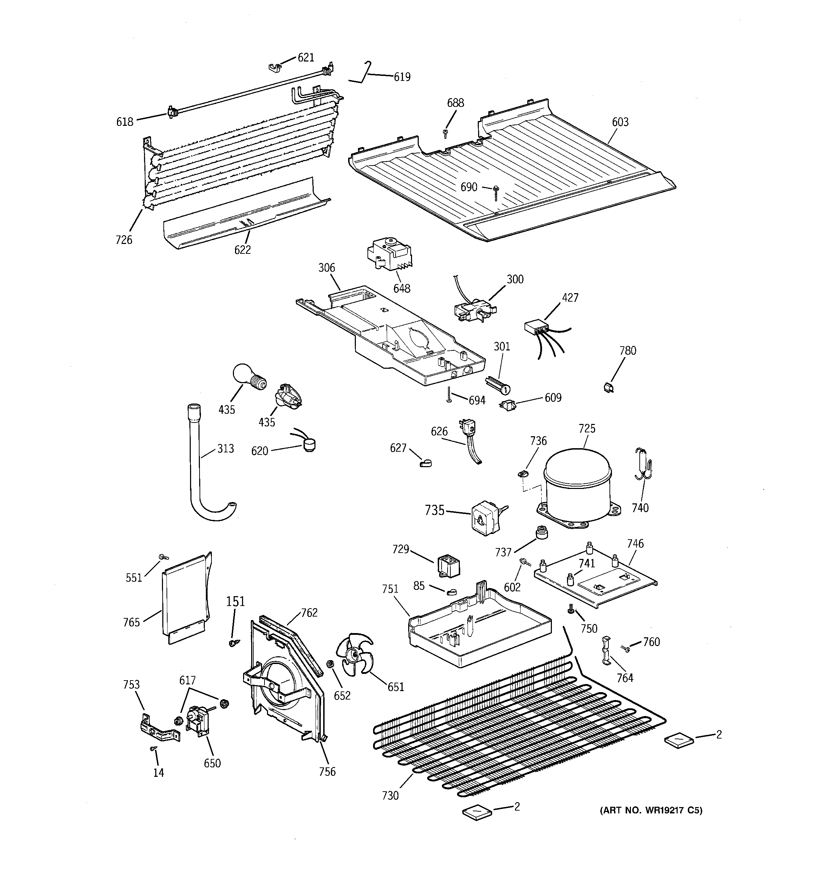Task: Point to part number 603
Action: [620, 122]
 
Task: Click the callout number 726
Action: [124, 239]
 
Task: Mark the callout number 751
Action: [390, 589]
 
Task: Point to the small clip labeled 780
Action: [608, 387]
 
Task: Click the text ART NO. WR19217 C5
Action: [651, 810]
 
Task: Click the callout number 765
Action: [131, 622]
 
